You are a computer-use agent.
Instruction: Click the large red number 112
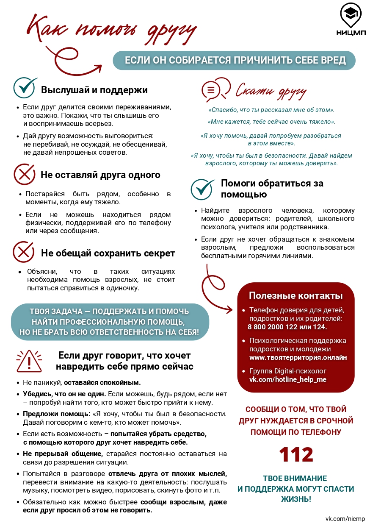click(x=296, y=455)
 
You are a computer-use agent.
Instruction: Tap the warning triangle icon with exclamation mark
click(x=29, y=361)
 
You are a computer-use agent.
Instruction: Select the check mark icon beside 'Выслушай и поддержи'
click(x=26, y=88)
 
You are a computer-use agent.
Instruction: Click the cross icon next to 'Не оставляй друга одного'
click(x=25, y=174)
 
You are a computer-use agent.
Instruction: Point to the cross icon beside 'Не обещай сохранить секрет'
click(x=24, y=252)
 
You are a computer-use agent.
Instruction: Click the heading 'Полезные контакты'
click(x=295, y=295)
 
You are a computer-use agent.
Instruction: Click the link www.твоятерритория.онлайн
click(x=298, y=357)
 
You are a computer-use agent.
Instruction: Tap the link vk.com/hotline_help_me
click(x=287, y=379)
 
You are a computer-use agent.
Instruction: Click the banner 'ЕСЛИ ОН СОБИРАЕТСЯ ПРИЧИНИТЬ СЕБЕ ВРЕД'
click(x=235, y=60)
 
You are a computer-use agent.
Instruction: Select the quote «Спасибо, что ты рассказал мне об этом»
click(x=271, y=110)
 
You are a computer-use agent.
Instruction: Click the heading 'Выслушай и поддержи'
click(x=94, y=90)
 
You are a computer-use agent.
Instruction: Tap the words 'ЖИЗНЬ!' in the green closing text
click(x=296, y=499)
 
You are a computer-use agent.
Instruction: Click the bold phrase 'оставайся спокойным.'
click(x=102, y=382)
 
